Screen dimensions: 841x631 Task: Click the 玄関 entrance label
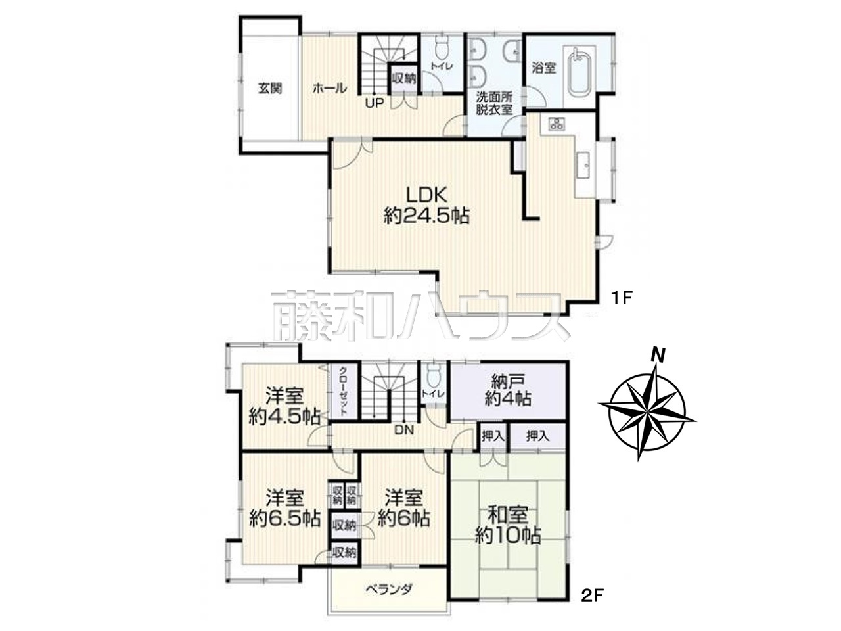tap(270, 89)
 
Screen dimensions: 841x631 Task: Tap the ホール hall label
tap(330, 89)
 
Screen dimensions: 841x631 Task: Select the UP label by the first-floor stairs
tap(375, 103)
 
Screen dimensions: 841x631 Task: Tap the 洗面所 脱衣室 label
tap(494, 103)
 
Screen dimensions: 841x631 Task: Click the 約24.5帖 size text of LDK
tap(426, 217)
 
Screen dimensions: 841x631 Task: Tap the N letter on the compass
tap(658, 355)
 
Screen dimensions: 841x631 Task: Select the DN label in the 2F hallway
tap(405, 431)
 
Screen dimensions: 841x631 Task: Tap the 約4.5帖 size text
tap(284, 417)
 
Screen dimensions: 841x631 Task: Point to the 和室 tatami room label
tap(508, 515)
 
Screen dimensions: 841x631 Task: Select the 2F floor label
tap(593, 607)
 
